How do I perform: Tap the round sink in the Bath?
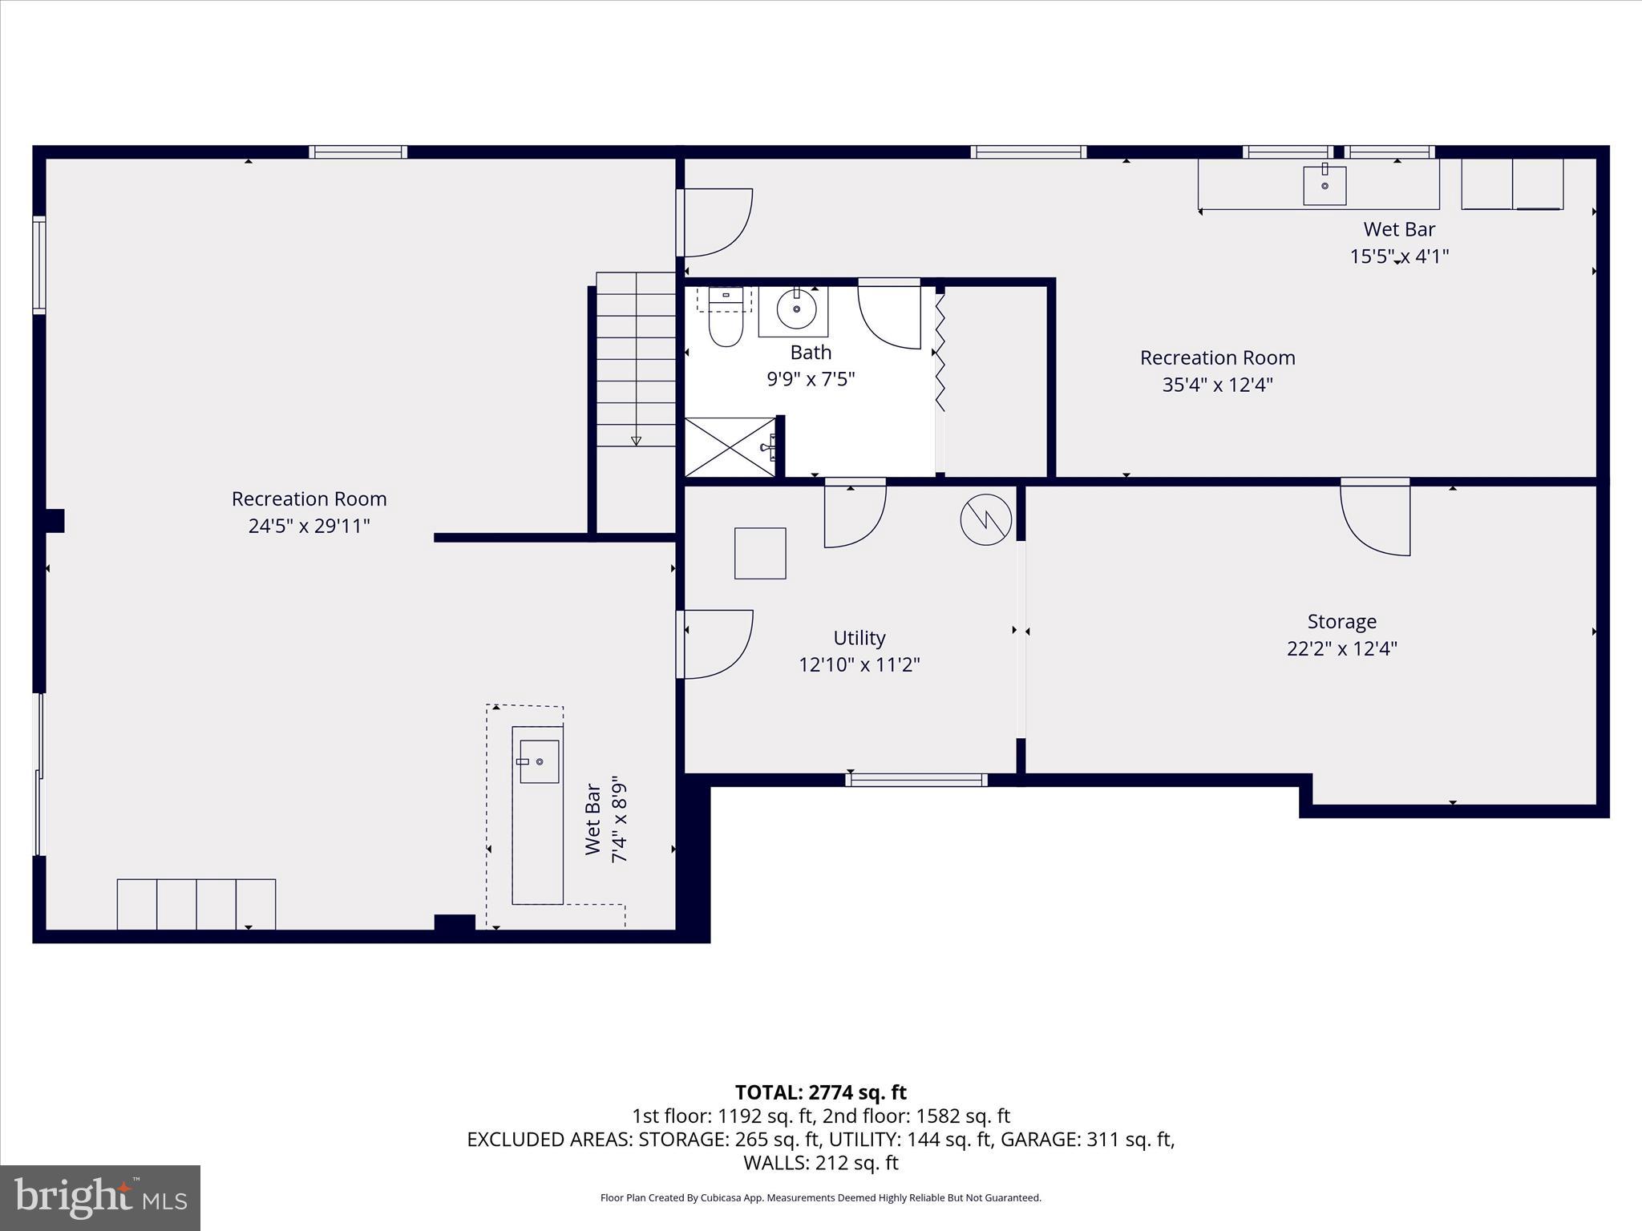pos(796,309)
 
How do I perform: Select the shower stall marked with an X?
pos(730,447)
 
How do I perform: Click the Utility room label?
pos(859,638)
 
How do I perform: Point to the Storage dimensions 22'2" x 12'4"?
pos(1341,648)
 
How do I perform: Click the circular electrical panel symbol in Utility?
pos(985,519)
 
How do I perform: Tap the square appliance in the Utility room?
pos(760,553)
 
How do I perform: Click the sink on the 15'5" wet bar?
pos(1325,185)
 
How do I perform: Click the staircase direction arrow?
pos(636,440)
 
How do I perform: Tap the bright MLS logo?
pos(100,1197)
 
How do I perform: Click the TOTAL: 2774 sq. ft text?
pos(820,1092)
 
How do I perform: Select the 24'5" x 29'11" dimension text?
pos(309,526)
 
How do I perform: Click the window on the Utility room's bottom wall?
pos(916,780)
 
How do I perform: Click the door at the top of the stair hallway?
pos(715,222)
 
